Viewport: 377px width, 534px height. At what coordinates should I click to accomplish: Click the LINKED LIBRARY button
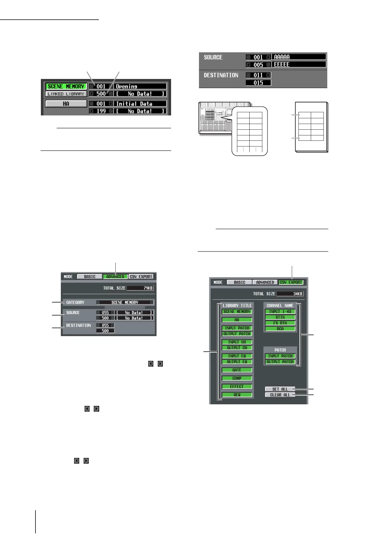66,94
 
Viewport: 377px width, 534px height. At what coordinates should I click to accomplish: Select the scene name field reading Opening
140,86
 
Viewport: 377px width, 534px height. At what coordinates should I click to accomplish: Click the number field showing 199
101,111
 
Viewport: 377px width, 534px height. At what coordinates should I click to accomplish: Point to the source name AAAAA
299,57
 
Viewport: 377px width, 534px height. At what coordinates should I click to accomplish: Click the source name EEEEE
299,65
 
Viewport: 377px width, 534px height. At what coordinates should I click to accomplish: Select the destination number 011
258,75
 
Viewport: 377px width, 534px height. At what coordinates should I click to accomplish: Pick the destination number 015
258,83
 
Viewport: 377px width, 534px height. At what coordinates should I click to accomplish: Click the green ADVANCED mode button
115,277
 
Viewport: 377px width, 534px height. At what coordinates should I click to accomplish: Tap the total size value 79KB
140,288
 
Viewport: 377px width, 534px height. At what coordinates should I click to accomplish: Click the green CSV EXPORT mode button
291,282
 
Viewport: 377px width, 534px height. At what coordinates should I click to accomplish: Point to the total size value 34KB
290,294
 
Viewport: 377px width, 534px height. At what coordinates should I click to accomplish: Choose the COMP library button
237,378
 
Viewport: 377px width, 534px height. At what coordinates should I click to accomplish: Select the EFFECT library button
237,387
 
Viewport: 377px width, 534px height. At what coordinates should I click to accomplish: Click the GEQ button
237,395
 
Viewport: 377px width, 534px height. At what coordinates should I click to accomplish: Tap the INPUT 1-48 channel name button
280,311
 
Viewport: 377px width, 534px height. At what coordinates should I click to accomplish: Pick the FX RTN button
280,323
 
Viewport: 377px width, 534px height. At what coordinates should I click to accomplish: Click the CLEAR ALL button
280,395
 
